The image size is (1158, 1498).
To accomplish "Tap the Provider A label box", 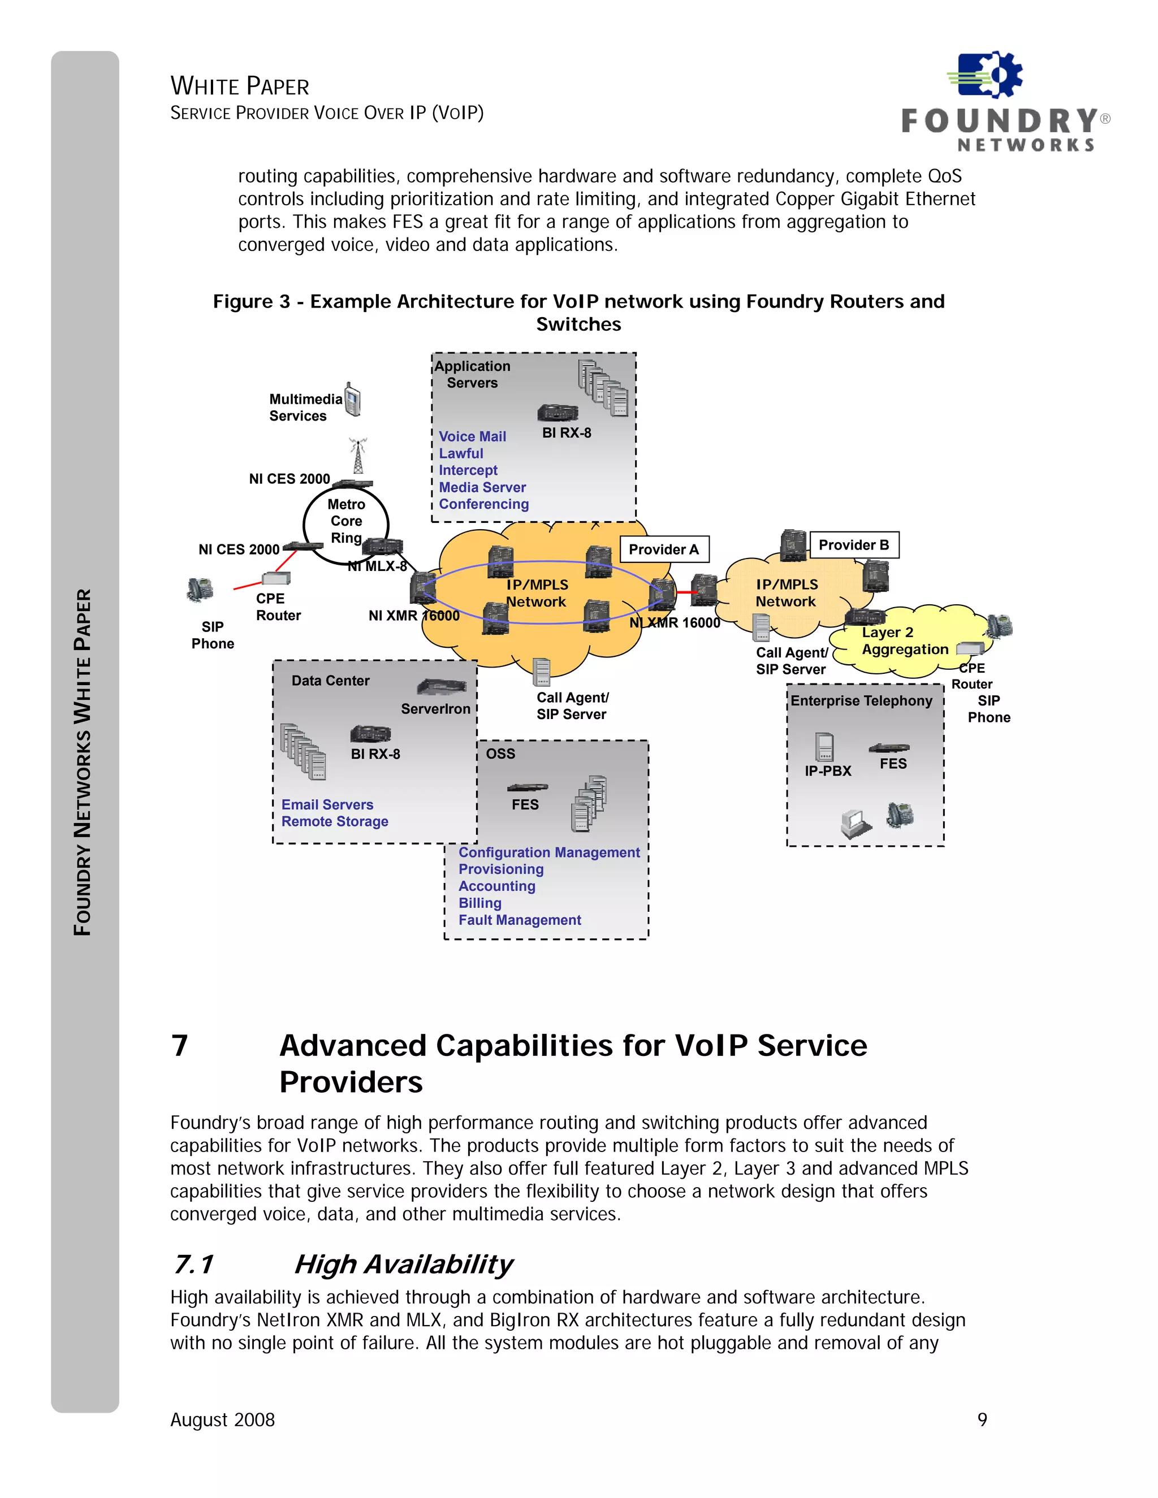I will (x=663, y=549).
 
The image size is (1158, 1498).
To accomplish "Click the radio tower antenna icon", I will (x=357, y=456).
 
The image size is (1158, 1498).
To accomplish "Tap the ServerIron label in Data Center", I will (x=435, y=708).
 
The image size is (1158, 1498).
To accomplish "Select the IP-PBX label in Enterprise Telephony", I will (x=827, y=771).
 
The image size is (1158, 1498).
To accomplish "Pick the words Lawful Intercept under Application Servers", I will (x=468, y=462).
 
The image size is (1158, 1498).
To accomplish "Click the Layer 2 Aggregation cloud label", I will (x=904, y=640).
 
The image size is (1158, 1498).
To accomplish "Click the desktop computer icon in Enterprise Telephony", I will (x=855, y=823).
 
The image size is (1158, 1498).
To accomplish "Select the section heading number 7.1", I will (x=193, y=1264).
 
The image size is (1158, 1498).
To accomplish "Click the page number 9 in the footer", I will (x=982, y=1419).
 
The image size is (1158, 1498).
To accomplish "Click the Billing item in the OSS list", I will (x=479, y=903).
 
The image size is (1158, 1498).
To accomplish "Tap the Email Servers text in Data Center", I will (x=327, y=804).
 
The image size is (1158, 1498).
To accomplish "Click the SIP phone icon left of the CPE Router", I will (x=200, y=589).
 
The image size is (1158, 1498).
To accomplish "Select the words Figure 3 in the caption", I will (x=251, y=302).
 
